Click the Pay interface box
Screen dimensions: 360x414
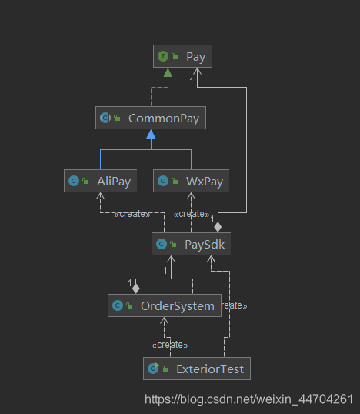click(x=182, y=56)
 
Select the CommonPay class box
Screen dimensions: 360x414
click(x=151, y=118)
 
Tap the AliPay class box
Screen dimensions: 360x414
click(x=100, y=181)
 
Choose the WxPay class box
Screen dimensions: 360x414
click(x=191, y=181)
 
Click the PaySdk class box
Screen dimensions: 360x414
click(x=191, y=244)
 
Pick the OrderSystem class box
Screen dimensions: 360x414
click(x=165, y=305)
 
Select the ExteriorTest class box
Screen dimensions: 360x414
click(x=197, y=369)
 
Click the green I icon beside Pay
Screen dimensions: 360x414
click(x=163, y=56)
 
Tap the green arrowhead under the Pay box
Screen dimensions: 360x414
click(x=168, y=72)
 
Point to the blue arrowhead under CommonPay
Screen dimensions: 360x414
click(x=151, y=134)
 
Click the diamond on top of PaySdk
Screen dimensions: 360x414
click(x=218, y=227)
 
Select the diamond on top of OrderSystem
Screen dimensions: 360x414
click(x=135, y=289)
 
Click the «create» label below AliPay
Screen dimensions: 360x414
click(x=132, y=214)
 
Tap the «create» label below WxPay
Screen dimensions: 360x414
click(x=192, y=214)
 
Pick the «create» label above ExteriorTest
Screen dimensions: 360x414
click(x=170, y=345)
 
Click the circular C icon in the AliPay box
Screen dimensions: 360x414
click(x=74, y=181)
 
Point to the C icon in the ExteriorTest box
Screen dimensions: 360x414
click(x=153, y=369)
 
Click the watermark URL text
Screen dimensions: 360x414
click(x=249, y=399)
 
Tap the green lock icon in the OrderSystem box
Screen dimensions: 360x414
click(x=129, y=305)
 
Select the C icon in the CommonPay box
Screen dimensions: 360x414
click(x=105, y=118)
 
